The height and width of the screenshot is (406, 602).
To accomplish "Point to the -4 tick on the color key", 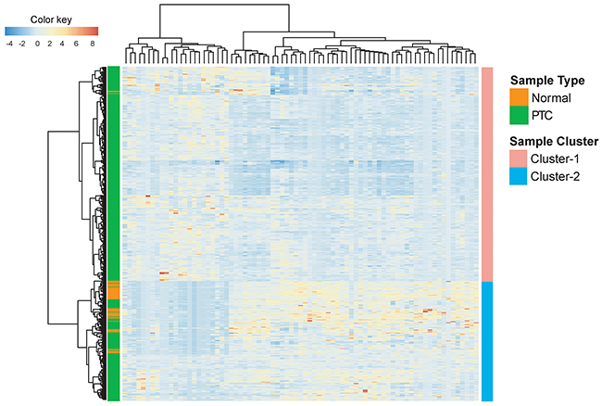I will click(x=8, y=43).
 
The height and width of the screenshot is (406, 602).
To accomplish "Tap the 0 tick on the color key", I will click(x=37, y=43).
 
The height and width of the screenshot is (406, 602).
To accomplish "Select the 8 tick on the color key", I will click(x=93, y=43).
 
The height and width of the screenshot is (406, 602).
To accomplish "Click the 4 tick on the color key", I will click(x=65, y=43).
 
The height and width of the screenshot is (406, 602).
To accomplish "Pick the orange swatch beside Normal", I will click(x=518, y=96).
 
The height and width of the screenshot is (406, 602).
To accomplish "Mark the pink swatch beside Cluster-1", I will click(x=518, y=159).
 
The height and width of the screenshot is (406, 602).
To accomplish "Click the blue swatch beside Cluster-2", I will click(x=518, y=176).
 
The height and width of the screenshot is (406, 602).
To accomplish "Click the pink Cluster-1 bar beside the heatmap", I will click(x=487, y=172).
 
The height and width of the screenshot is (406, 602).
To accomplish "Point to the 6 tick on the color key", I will click(x=79, y=43).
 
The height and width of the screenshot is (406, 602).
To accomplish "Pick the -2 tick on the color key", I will click(x=22, y=43).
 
